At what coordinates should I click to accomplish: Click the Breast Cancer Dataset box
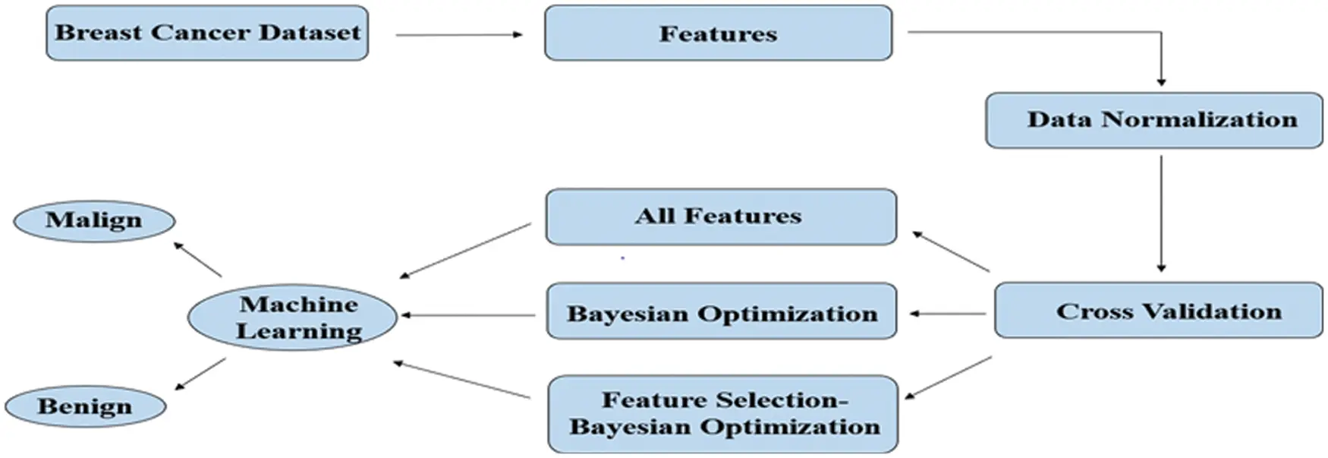point(206,33)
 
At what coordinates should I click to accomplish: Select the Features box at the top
point(718,33)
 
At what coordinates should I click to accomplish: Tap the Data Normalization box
point(1153,120)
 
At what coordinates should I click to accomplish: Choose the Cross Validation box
point(1158,310)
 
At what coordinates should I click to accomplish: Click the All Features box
point(720,216)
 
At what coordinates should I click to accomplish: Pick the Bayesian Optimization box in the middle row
point(721,312)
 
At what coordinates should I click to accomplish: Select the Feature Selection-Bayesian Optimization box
point(722,414)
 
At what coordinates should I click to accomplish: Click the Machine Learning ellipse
point(292,317)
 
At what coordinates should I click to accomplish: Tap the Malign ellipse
point(94,221)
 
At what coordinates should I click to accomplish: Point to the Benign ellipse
point(84,406)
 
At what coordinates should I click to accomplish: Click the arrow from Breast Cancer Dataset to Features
point(458,34)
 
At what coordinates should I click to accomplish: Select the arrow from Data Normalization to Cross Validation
point(1161,213)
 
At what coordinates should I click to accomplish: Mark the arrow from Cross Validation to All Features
point(951,251)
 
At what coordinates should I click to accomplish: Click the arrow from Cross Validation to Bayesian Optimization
point(948,313)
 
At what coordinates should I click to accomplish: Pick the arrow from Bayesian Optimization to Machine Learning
point(467,314)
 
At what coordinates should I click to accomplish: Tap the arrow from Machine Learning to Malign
point(197,259)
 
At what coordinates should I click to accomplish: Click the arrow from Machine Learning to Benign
point(200,374)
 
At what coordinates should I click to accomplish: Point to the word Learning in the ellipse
point(298,331)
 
